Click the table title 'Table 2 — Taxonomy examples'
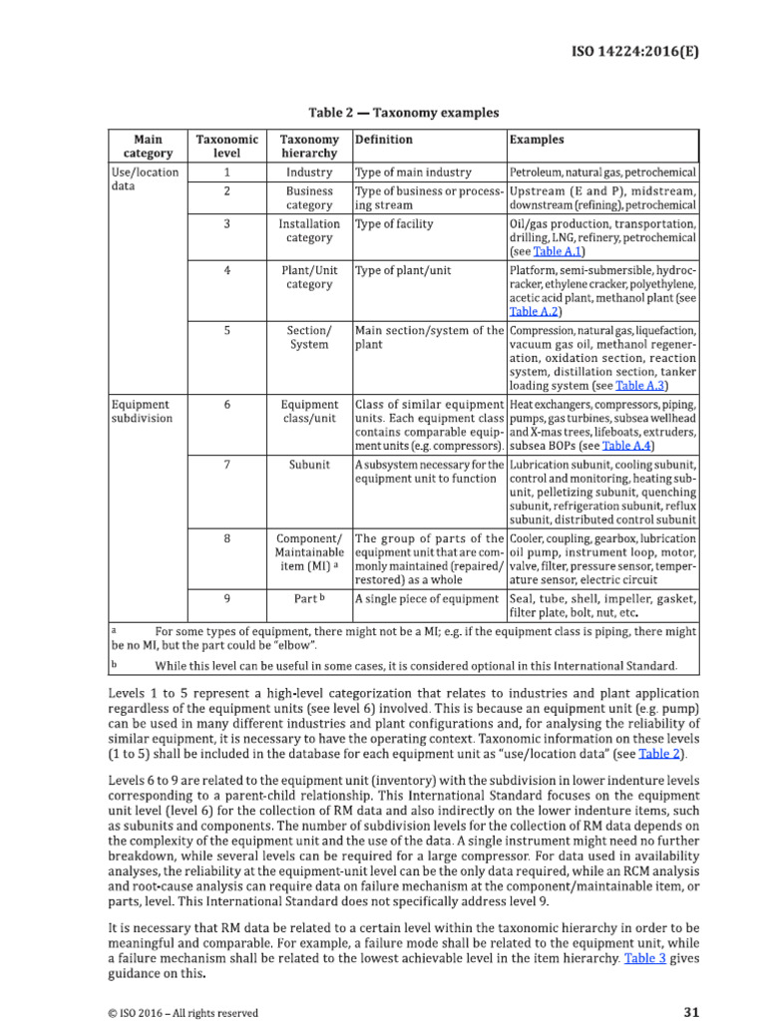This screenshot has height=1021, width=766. click(x=403, y=113)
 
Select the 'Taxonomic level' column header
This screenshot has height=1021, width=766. click(x=227, y=147)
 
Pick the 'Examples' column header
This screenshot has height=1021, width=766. click(x=537, y=141)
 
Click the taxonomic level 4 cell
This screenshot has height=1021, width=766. click(x=227, y=270)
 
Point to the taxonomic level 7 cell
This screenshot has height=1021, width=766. click(x=227, y=465)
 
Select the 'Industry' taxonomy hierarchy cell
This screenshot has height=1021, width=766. click(x=309, y=172)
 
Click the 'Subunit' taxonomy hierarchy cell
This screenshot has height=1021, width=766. click(x=309, y=465)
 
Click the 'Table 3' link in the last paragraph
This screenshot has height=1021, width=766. click(x=643, y=958)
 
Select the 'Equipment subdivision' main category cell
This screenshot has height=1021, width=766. click(x=141, y=412)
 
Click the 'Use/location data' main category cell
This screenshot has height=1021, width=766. click(x=145, y=178)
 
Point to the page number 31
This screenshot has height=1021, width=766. click(x=691, y=1012)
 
